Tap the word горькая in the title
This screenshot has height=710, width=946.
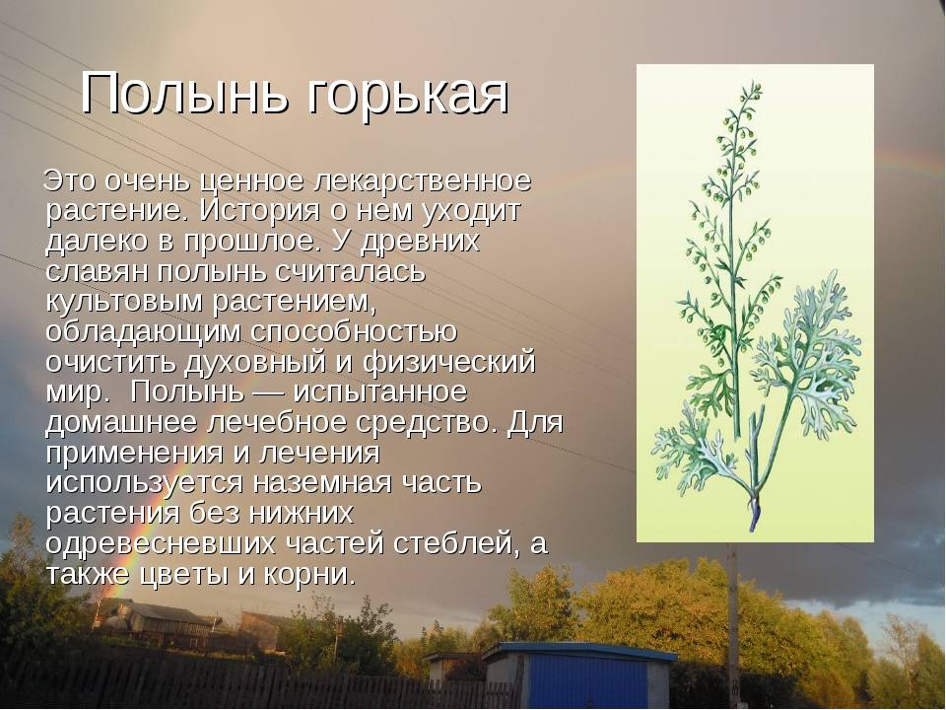(x=409, y=97)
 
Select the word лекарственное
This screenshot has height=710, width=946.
(x=423, y=180)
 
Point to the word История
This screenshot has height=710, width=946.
(x=259, y=211)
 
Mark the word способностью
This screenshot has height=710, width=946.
(x=354, y=332)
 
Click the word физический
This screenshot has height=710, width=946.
(x=449, y=363)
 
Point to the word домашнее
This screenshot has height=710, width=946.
(x=122, y=423)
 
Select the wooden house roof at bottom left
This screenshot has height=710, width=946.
(x=158, y=611)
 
